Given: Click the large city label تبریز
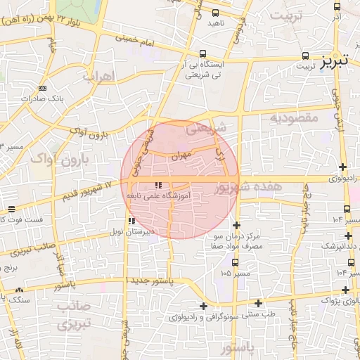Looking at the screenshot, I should pyautogui.click(x=335, y=61).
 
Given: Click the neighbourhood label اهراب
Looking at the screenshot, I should pyautogui.click(x=97, y=75).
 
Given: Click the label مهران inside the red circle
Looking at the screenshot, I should pyautogui.click(x=179, y=158).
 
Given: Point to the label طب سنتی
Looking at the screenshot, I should pyautogui.click(x=259, y=314).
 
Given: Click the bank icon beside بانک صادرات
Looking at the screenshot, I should pyautogui.click(x=42, y=88).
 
